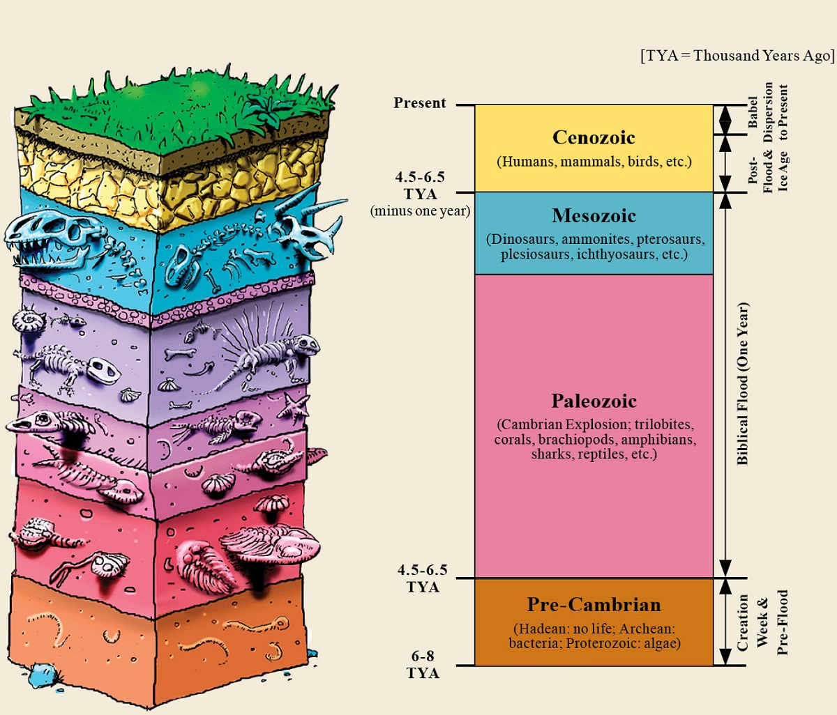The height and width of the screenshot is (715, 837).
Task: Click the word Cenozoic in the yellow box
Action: (594, 137)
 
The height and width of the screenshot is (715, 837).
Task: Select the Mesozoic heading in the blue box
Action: (594, 215)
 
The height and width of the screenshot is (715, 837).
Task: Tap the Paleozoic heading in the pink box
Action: (594, 401)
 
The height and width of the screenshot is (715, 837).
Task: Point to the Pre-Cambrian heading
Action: (594, 604)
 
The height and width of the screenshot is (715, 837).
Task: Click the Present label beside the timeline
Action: (420, 102)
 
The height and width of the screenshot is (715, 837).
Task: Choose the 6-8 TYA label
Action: (423, 664)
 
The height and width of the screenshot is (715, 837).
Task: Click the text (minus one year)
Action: (421, 211)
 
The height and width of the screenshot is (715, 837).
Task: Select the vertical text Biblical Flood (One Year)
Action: (742, 383)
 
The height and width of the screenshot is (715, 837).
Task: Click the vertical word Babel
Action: (753, 112)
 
